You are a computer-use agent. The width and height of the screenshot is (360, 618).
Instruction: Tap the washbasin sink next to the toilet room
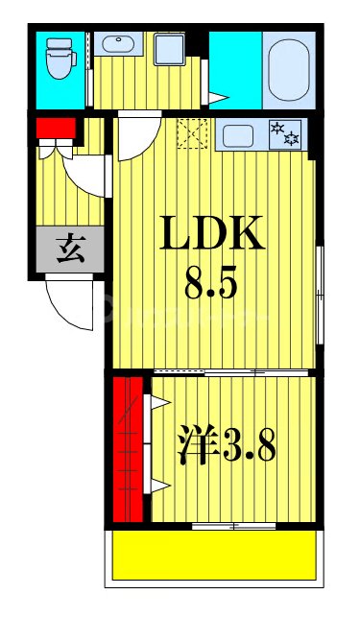tap(120, 44)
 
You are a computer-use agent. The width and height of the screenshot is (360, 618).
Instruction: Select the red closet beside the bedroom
tap(125, 448)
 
